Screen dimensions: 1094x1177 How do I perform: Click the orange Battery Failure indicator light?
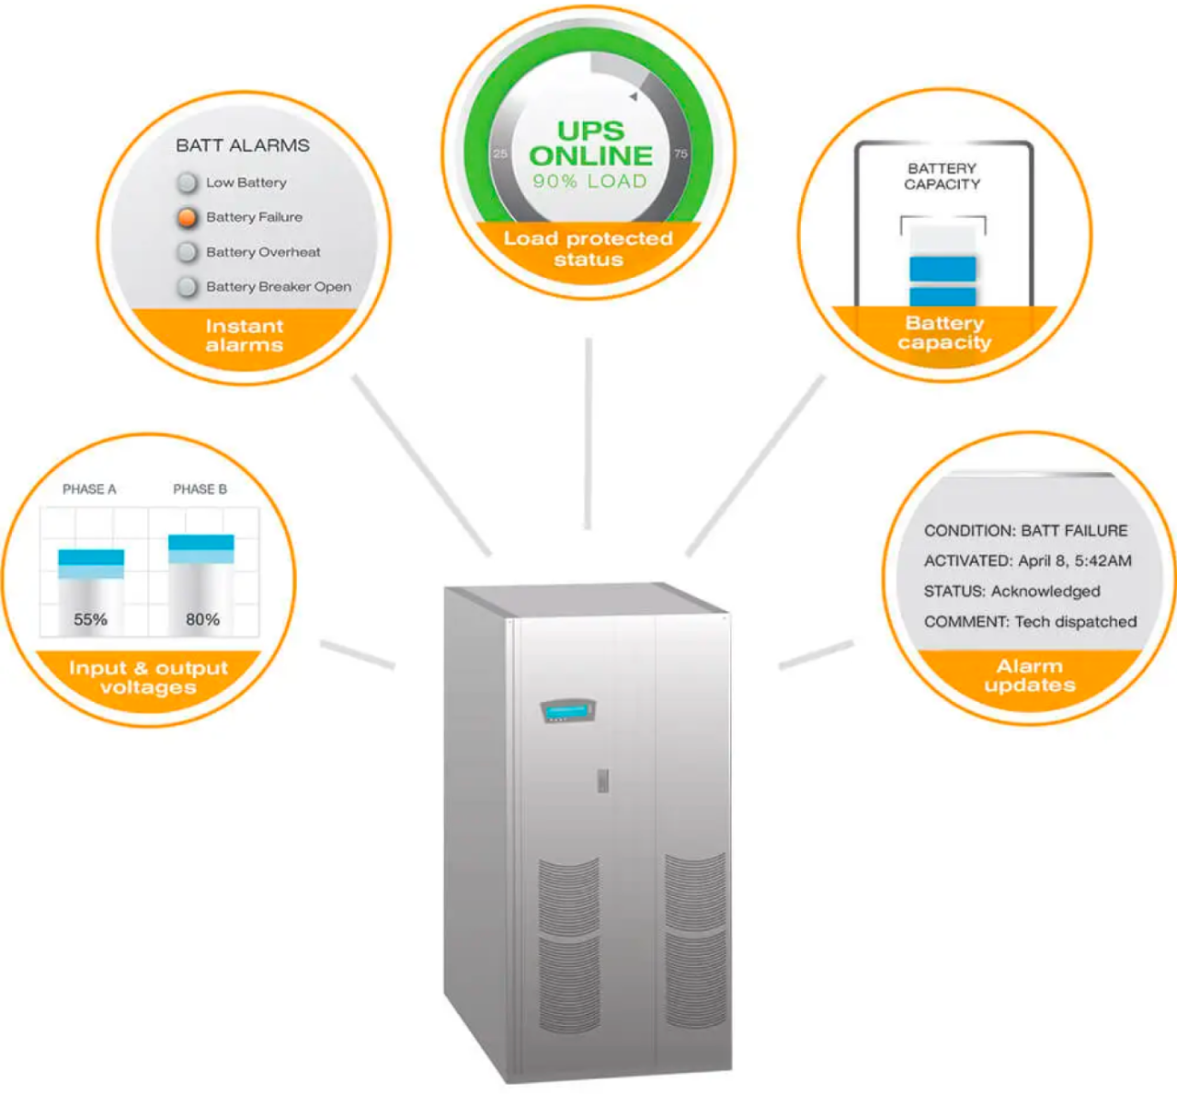187,217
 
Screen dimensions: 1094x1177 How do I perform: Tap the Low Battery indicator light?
187,183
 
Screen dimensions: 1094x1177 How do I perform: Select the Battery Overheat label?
263,252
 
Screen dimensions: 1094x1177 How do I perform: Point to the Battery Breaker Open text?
279,287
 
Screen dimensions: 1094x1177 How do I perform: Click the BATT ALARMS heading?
243,145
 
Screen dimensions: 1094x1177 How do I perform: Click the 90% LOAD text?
590,181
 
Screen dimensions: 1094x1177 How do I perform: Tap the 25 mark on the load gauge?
500,154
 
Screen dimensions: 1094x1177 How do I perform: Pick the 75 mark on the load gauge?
680,154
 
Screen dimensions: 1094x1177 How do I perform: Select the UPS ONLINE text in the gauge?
590,144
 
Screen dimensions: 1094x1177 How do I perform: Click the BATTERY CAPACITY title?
942,177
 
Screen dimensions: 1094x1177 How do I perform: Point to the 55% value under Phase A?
90,619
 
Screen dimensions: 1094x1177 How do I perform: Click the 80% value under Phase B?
202,619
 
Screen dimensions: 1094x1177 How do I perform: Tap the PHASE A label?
89,489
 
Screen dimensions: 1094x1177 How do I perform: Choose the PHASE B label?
200,489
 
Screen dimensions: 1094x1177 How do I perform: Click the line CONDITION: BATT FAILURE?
1025,531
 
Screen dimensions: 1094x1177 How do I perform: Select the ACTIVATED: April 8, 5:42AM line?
1027,561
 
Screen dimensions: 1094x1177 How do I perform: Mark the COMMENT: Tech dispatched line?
1030,622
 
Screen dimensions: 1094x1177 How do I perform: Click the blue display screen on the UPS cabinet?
567,711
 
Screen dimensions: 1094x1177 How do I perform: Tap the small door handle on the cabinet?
602,780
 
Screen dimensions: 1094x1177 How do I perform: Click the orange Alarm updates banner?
1029,676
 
